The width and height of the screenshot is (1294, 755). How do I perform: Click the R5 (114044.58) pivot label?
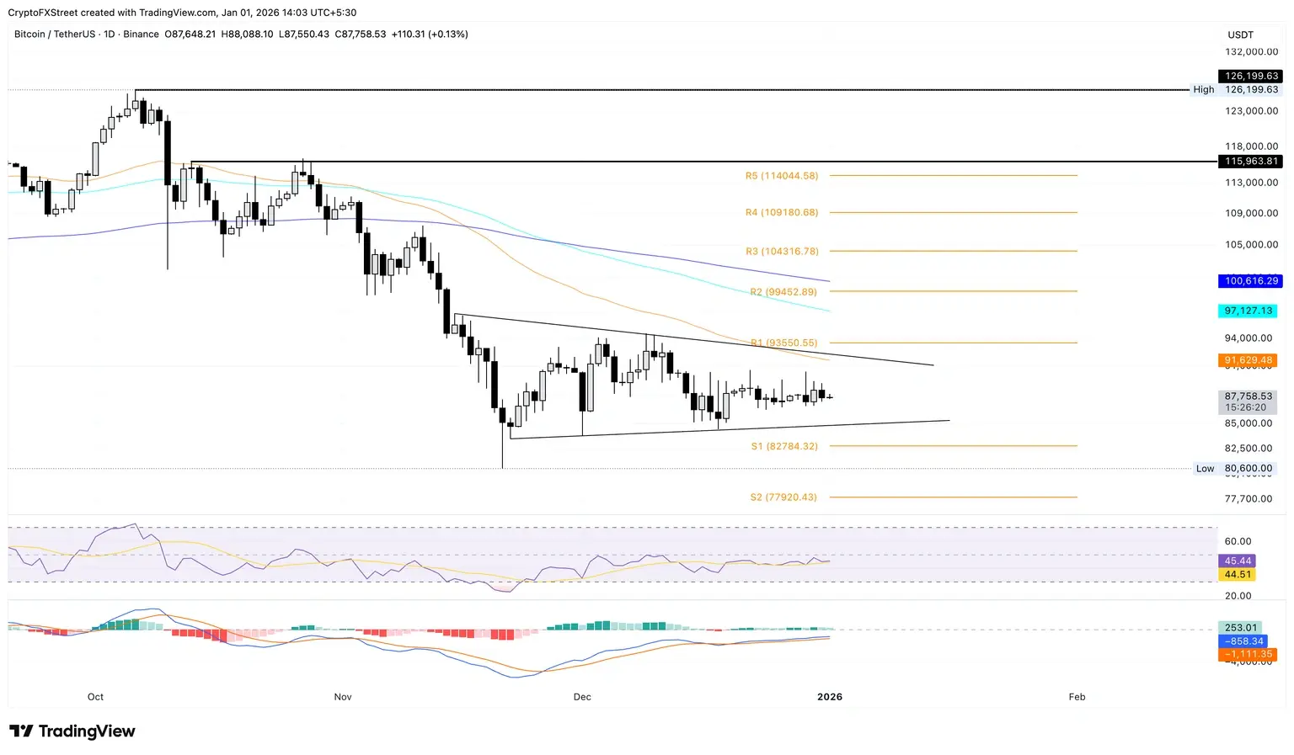tap(781, 176)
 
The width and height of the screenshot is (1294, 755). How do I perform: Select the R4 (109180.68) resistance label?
tap(781, 213)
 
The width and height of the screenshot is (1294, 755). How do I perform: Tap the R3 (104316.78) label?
tap(781, 252)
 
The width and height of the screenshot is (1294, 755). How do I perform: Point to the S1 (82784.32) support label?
tap(783, 446)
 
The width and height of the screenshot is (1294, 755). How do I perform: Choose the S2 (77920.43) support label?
tap(783, 497)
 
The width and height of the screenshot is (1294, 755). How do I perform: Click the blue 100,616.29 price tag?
tap(1251, 281)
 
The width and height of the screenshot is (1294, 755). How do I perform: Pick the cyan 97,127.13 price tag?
tap(1248, 311)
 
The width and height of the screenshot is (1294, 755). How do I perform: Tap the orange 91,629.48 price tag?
tap(1248, 360)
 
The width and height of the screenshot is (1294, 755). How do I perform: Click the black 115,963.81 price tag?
tap(1251, 161)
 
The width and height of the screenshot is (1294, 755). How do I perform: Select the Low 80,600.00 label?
tap(1234, 469)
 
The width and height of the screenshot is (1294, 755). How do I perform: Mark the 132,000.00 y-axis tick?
tap(1251, 52)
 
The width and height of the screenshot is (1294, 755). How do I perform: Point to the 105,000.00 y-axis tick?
tap(1251, 245)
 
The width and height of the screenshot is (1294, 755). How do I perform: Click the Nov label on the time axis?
tap(343, 697)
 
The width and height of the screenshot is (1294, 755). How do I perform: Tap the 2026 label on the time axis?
tap(830, 697)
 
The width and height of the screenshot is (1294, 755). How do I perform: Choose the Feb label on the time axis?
tap(1077, 697)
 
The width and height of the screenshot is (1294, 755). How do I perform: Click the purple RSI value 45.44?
tap(1238, 561)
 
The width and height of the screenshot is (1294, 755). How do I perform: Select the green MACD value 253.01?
tap(1240, 628)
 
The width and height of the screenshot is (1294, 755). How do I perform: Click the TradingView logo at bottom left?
tap(72, 731)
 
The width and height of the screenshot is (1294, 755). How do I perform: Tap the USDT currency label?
tap(1240, 35)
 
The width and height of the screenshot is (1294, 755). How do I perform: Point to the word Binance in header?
tap(141, 35)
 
